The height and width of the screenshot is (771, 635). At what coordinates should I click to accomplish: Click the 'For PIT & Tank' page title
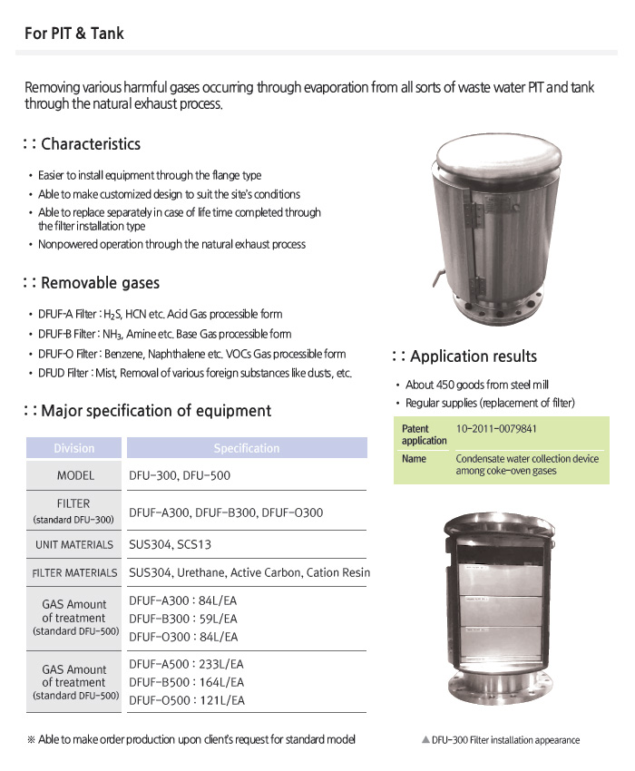click(75, 34)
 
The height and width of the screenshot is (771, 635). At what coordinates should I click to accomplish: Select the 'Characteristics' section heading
click(91, 143)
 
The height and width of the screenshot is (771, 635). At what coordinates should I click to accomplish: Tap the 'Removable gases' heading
click(100, 284)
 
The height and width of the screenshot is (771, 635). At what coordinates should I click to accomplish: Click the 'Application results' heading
click(473, 356)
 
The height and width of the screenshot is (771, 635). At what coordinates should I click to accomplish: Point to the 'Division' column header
click(73, 448)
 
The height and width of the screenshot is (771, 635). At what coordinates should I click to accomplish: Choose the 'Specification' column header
click(246, 448)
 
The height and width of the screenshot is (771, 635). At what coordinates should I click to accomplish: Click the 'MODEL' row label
click(75, 475)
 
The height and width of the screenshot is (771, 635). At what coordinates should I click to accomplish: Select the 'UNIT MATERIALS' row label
click(74, 545)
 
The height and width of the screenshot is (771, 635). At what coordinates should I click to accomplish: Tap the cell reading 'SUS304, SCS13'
click(175, 545)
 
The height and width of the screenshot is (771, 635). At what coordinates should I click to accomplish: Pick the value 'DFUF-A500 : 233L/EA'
click(187, 664)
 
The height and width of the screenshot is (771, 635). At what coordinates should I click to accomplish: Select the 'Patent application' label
click(424, 434)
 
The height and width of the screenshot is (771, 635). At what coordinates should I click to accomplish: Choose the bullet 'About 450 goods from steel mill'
click(476, 385)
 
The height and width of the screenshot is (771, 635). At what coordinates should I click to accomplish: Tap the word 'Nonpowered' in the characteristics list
click(67, 244)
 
